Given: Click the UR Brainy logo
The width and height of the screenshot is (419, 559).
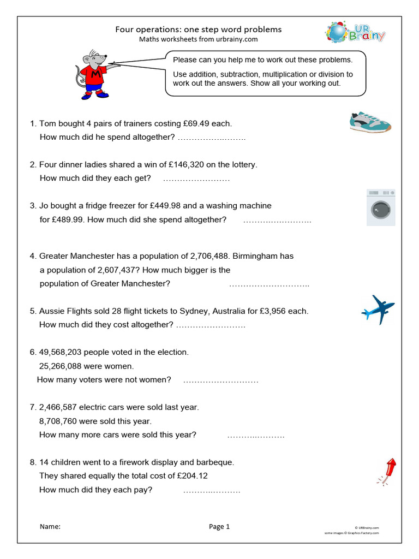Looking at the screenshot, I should [x=355, y=33].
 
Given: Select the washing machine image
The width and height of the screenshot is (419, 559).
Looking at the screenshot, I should [x=381, y=208].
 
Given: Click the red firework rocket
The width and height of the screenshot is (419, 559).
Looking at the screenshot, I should [x=387, y=471].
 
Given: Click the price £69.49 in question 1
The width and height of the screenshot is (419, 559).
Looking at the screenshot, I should [x=194, y=124].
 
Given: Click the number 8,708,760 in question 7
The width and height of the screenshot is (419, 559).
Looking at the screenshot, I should [x=61, y=421].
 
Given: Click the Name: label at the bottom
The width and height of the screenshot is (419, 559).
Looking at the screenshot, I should [x=50, y=527].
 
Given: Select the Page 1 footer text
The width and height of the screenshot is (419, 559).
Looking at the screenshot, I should [x=219, y=527].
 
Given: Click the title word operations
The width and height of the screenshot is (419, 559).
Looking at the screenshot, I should [x=159, y=29].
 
